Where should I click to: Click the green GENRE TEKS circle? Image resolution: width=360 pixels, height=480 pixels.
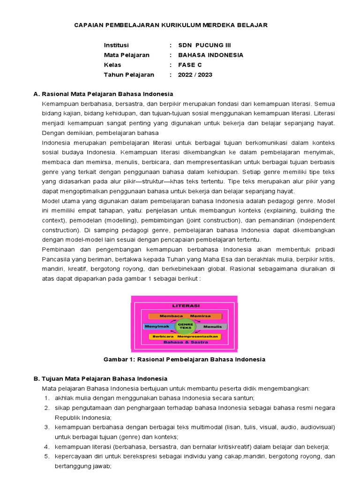(184, 325)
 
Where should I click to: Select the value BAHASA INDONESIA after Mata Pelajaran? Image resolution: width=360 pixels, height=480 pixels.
(210, 55)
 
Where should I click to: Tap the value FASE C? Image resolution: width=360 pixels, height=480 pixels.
(190, 65)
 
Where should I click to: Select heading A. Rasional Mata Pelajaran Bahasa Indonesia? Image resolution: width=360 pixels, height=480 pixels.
(103, 94)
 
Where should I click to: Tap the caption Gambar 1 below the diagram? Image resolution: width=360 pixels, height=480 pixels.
(184, 360)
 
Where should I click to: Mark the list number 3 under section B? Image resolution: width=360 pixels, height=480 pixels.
(47, 427)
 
